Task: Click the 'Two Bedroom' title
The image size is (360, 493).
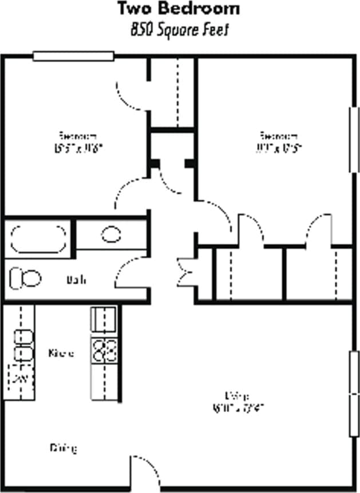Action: click(x=179, y=9)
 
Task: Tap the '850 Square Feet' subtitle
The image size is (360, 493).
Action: click(x=179, y=30)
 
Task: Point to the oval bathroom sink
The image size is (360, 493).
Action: click(x=111, y=234)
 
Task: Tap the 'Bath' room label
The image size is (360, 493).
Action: click(x=77, y=280)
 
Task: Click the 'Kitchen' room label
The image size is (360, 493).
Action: click(x=61, y=353)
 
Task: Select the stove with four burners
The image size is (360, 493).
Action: click(x=105, y=350)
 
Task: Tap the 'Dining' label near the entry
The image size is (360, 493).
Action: click(x=63, y=448)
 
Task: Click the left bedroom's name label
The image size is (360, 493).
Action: click(x=77, y=136)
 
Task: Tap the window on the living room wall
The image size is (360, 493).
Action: click(x=353, y=395)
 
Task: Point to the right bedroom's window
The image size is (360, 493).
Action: click(x=353, y=140)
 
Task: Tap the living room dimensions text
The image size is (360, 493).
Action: click(x=238, y=408)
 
